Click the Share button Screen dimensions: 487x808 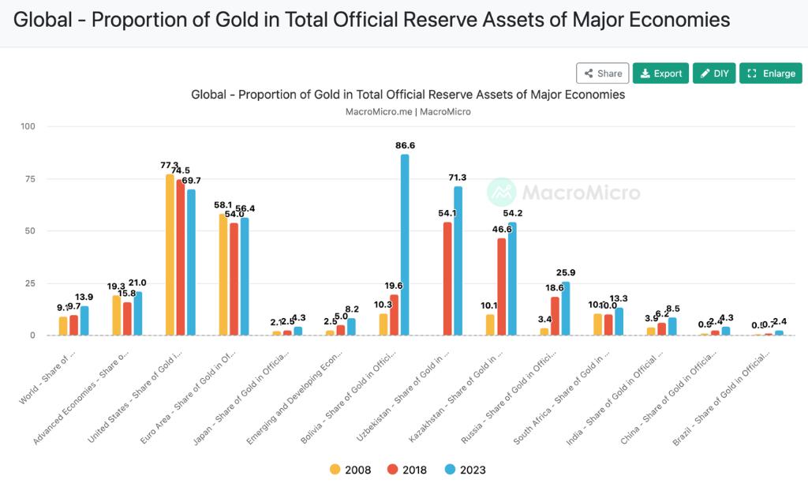602,73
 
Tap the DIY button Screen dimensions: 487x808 714,73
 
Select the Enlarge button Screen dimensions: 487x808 771,73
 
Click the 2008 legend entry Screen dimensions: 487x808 351,470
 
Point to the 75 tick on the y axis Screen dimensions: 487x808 29,179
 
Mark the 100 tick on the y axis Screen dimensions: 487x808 28,126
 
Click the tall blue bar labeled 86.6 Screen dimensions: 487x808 405,245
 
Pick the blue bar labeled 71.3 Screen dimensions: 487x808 458,260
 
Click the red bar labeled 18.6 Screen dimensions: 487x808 555,316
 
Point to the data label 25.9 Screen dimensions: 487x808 566,273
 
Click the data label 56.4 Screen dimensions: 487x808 244,209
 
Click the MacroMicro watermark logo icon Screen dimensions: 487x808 501,192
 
